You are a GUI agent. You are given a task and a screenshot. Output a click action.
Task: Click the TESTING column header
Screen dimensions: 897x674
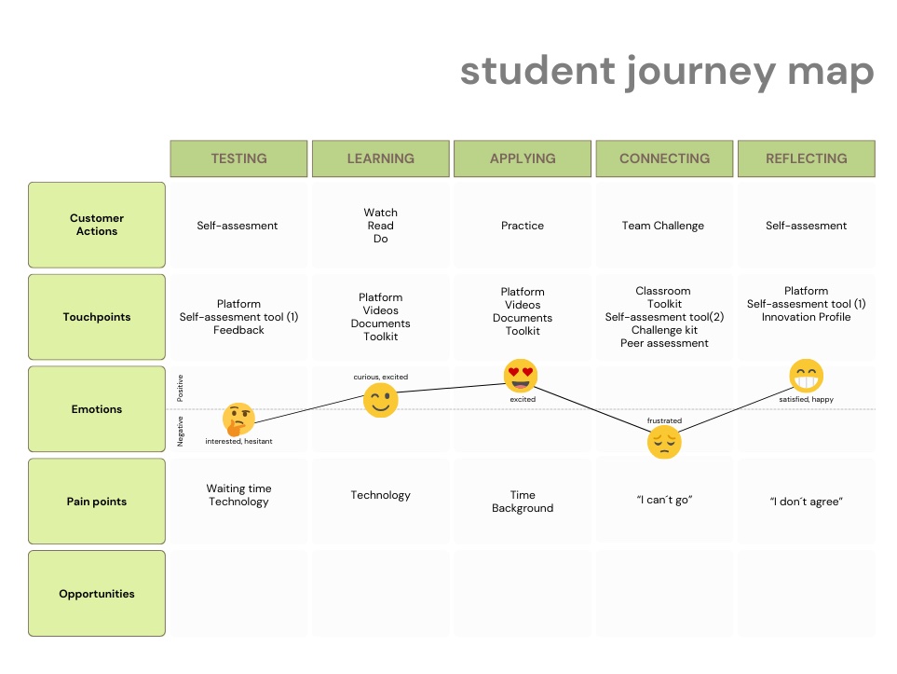tap(238, 158)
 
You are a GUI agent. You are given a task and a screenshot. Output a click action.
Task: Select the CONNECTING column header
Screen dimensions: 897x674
tap(664, 158)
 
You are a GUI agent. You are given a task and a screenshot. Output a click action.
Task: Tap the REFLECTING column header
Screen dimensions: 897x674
tap(806, 158)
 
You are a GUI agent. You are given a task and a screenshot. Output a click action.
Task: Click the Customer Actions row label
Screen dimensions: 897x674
tap(97, 225)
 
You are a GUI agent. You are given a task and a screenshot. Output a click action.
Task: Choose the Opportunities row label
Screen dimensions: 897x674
tap(97, 593)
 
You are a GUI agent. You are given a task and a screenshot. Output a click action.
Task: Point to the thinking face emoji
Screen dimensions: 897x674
tap(238, 420)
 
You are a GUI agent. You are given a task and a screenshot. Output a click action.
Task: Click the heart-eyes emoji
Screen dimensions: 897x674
tap(521, 377)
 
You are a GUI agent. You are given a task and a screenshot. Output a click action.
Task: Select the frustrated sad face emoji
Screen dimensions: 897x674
tap(664, 443)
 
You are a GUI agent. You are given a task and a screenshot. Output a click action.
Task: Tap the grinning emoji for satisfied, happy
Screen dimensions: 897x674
tap(806, 377)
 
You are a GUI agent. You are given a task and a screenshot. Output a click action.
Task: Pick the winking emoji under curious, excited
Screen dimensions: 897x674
tap(380, 400)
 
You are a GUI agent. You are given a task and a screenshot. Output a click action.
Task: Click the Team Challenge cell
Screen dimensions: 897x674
tap(663, 226)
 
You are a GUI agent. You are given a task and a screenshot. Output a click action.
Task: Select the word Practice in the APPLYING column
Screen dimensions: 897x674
tap(523, 226)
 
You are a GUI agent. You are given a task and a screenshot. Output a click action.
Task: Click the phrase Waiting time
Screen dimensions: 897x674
tap(238, 488)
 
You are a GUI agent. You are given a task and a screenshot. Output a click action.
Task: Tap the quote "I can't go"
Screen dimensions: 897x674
tap(664, 500)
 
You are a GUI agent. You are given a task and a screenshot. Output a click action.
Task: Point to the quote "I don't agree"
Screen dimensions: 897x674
tap(806, 502)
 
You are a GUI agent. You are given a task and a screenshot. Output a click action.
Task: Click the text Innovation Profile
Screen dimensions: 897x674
tap(806, 317)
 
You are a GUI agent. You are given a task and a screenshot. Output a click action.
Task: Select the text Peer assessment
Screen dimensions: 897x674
tap(664, 343)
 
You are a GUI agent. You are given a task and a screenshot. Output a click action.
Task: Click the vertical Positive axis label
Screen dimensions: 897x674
tap(180, 388)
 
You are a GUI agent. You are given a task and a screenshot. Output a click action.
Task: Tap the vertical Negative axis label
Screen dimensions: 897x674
tap(180, 432)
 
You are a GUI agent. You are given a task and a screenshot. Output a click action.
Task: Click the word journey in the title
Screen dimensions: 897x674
tap(700, 72)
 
